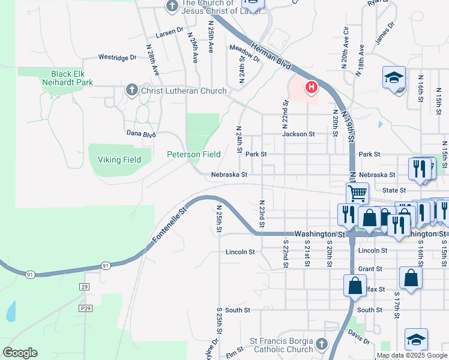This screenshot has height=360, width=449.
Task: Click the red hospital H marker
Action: point(311,88)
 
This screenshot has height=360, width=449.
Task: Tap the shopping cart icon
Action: point(357,193)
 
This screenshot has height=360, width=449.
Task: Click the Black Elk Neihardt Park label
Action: point(68,77)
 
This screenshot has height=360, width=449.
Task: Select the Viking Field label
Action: point(119,160)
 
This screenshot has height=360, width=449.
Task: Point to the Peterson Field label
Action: point(193,154)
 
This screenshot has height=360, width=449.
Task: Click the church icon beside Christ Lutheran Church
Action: point(132,91)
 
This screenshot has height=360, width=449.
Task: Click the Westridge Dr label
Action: point(118,58)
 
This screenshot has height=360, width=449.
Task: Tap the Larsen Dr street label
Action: point(169,33)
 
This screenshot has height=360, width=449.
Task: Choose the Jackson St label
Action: point(298,134)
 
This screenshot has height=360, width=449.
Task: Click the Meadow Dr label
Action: point(244,53)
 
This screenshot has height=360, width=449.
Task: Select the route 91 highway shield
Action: point(105,265)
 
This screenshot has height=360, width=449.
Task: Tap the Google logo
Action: point(20,353)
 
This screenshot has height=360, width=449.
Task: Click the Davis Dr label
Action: point(358,338)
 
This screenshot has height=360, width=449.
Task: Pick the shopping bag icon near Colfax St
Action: point(355,285)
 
